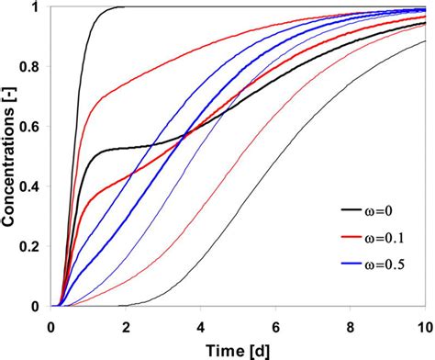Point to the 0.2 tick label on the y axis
[x=33, y=246]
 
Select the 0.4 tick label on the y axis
[x=33, y=186]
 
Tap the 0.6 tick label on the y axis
[x=33, y=127]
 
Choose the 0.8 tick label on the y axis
[x=33, y=67]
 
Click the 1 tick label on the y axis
[x=38, y=7]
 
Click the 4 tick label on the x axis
[x=200, y=324]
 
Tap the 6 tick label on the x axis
[x=274, y=324]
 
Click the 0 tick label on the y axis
[x=38, y=306]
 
